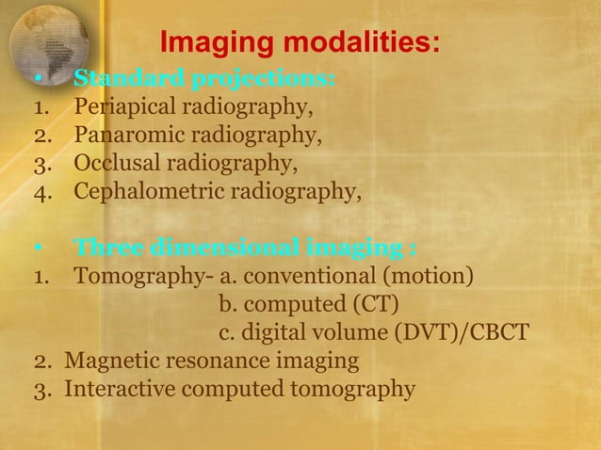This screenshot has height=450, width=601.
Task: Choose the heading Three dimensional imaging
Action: (x=245, y=249)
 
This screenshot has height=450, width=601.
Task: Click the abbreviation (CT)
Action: (x=376, y=306)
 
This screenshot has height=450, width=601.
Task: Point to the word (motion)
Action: (x=439, y=278)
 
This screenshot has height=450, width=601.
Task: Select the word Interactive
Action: (x=117, y=389)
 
